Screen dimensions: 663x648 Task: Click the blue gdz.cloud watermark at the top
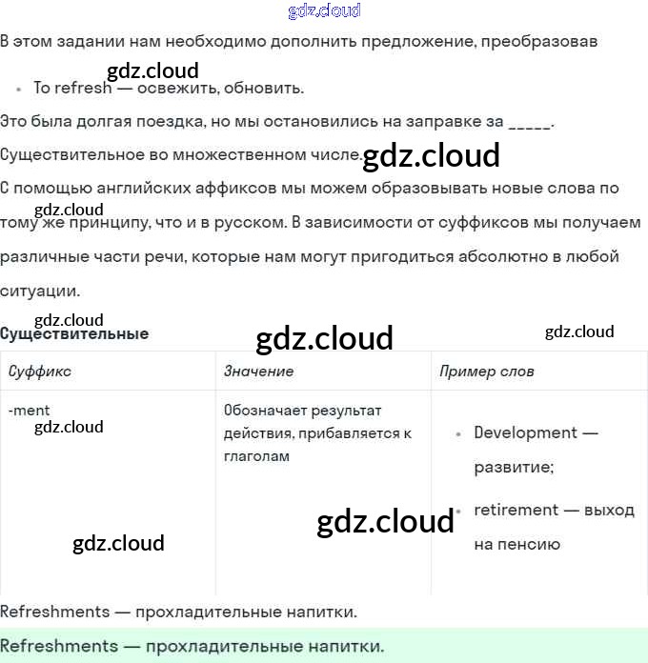(x=324, y=10)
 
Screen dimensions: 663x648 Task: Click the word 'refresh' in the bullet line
(x=83, y=88)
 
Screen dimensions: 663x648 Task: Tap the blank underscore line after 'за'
(x=530, y=123)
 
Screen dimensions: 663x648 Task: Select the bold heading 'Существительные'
(x=74, y=334)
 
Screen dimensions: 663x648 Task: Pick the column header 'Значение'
(x=258, y=371)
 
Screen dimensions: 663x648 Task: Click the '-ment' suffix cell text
(x=29, y=411)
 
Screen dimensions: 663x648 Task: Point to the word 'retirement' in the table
(x=516, y=510)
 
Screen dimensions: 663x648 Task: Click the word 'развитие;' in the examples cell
(x=514, y=468)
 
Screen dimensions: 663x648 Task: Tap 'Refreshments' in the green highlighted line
(x=59, y=646)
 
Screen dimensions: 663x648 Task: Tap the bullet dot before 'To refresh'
(x=18, y=89)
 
